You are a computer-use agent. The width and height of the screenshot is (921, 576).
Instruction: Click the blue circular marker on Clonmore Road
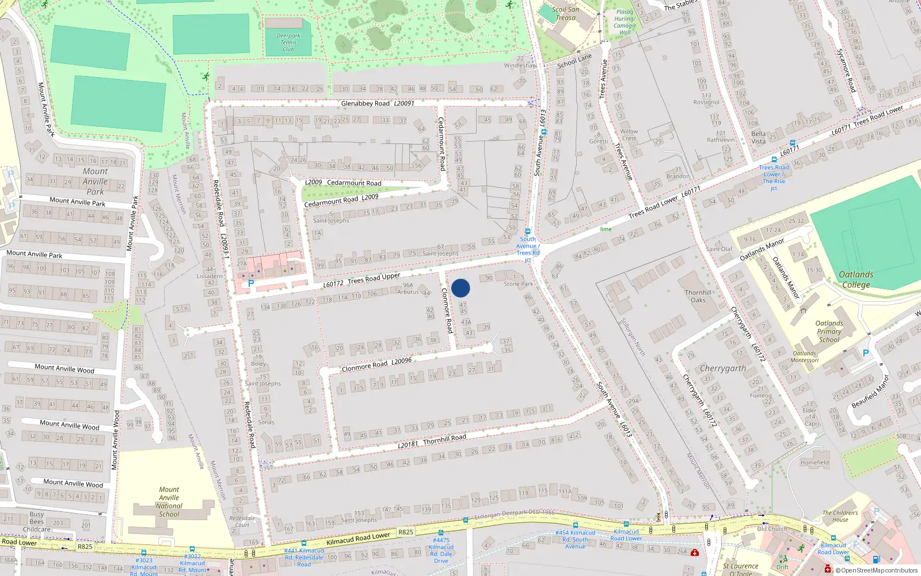pos(461,288)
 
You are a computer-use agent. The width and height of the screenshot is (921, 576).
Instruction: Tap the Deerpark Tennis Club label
pos(288,43)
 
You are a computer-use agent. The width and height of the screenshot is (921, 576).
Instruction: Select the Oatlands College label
pos(855,279)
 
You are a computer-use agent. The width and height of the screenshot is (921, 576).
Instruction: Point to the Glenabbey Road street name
pos(366,104)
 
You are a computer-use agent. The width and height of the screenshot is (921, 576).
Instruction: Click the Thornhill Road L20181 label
pos(432,441)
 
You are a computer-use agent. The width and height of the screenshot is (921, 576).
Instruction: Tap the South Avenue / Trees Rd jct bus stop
pos(528,232)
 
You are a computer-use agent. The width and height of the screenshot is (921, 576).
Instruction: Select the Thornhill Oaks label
pos(698,296)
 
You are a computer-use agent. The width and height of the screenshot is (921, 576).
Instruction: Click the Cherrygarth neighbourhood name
pos(722,368)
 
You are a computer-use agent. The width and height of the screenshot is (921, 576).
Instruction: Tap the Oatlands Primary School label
pos(829,331)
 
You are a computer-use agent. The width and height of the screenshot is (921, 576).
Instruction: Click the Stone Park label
pos(519,284)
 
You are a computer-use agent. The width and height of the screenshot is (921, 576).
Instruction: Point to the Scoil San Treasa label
pos(565,13)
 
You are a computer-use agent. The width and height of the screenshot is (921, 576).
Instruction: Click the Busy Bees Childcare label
pos(37,521)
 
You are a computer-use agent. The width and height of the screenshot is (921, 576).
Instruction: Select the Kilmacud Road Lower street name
pos(358,539)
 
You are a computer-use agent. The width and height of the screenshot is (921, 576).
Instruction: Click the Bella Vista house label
pos(759,138)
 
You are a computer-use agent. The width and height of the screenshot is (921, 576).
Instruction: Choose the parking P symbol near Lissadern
pos(250,283)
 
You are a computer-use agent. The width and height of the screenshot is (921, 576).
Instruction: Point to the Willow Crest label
pos(629,135)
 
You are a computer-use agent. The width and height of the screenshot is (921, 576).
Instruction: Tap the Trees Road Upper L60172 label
pos(361,280)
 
